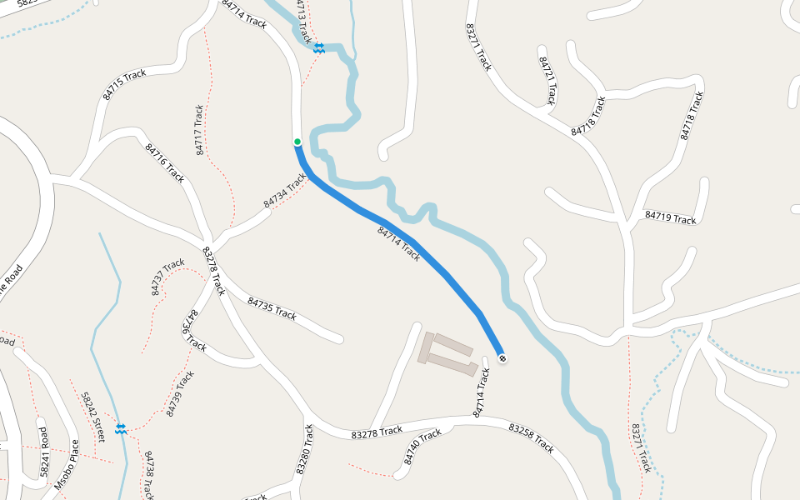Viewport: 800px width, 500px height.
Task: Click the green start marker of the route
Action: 297,142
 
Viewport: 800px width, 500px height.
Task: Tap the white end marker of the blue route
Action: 502,358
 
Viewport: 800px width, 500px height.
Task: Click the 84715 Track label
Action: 124,84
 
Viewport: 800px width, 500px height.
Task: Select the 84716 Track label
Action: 164,162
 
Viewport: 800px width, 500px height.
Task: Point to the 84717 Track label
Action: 199,130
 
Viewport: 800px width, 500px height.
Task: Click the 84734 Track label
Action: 285,191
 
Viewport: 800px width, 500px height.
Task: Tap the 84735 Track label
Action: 272,308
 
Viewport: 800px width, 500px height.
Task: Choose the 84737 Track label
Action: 167,277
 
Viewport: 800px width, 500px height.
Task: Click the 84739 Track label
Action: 180,392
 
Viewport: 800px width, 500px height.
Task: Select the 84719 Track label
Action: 670,217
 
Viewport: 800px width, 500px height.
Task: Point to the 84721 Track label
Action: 547,81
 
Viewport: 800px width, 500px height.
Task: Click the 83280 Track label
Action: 304,450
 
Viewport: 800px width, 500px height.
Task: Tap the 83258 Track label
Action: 531,437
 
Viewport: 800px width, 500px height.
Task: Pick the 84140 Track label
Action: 422,447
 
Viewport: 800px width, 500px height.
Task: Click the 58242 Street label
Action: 92,416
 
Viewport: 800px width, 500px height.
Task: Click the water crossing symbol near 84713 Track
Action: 318,48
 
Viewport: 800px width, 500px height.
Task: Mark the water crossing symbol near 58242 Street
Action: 121,428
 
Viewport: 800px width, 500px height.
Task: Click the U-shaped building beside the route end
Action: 446,355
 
